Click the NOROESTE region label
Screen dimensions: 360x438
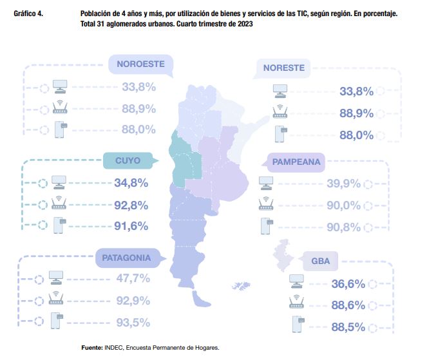pos(140,64)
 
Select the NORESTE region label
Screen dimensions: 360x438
pos(283,68)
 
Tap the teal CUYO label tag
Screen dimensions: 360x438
pos(128,160)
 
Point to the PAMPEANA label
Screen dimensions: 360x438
pos(296,162)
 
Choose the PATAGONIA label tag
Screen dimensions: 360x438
pos(126,258)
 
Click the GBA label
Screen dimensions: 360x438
pos(320,262)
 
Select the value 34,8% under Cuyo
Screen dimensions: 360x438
pos(131,183)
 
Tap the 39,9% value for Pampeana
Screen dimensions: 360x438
pos(343,184)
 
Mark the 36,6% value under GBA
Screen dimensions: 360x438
pos(347,284)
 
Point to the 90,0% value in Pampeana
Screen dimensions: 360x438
pos(343,205)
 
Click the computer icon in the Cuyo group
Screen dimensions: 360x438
pos(59,182)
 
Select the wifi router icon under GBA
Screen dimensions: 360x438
pos(297,303)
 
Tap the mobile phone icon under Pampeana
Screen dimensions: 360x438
pos(265,225)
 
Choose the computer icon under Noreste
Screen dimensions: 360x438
pos(280,90)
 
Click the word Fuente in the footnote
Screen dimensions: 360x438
pos(91,348)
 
